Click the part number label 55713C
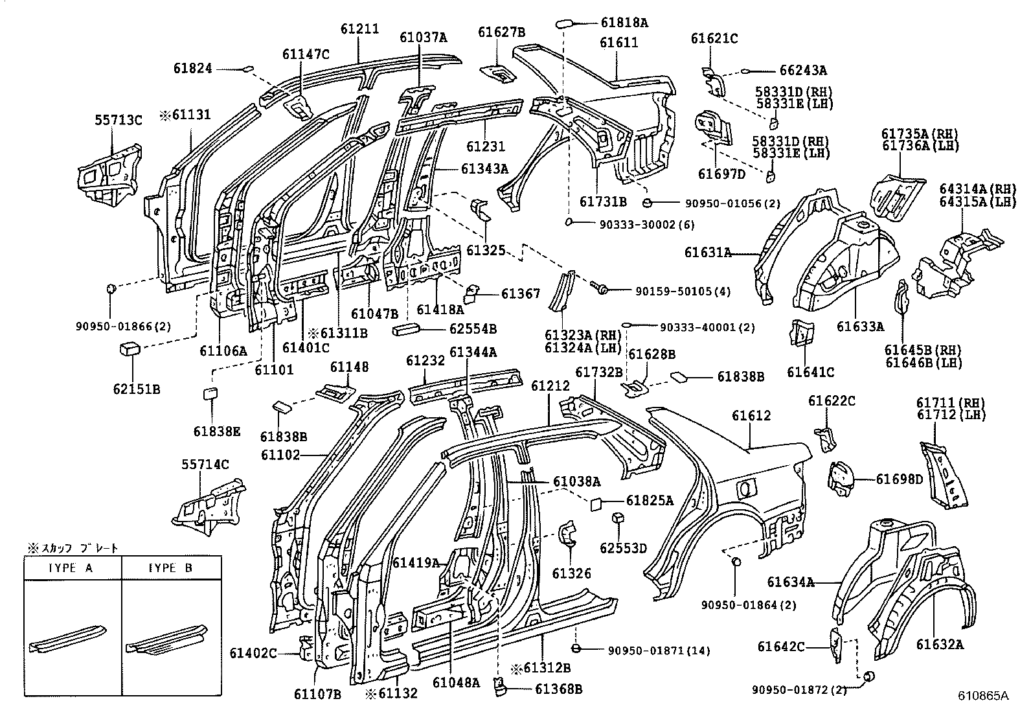pyautogui.click(x=118, y=120)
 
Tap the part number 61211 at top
pyautogui.click(x=359, y=29)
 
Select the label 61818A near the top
pyautogui.click(x=624, y=23)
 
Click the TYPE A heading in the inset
pyautogui.click(x=72, y=568)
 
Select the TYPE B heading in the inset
pyautogui.click(x=171, y=568)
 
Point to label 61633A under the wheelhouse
pyautogui.click(x=860, y=327)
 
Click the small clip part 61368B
pyautogui.click(x=500, y=685)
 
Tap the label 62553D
pyautogui.click(x=623, y=548)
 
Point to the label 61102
pyautogui.click(x=280, y=455)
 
